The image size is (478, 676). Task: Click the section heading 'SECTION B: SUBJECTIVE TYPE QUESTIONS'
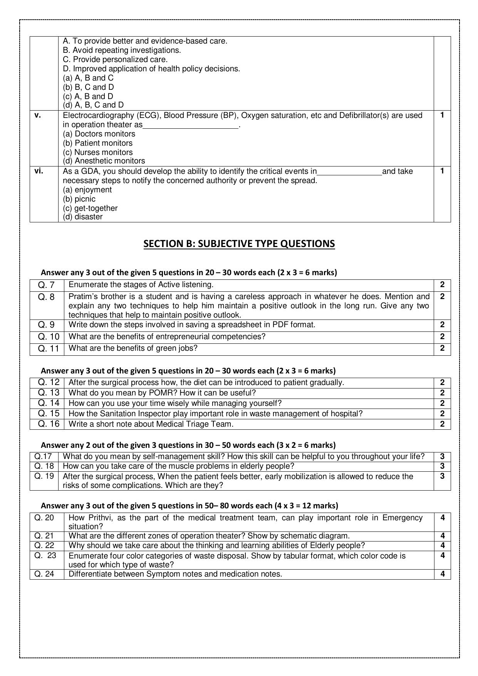(x=239, y=244)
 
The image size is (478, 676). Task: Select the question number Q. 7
(x=46, y=285)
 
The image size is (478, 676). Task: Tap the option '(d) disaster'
(x=83, y=217)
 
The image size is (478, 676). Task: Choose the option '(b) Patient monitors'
(x=97, y=143)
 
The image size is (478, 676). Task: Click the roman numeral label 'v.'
(x=38, y=115)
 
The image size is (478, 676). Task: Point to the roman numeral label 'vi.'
(x=39, y=171)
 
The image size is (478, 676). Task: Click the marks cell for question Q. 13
(x=442, y=393)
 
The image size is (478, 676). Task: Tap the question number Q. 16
(x=49, y=424)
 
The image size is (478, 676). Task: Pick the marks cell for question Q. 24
(x=443, y=574)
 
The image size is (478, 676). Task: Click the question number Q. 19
(x=44, y=476)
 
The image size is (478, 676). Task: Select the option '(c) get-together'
(x=90, y=208)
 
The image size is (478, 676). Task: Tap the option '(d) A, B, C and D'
(x=93, y=105)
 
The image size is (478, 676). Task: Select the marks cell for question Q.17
(x=442, y=457)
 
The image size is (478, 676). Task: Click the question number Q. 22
(x=44, y=545)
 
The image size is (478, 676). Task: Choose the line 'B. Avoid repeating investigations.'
(x=122, y=50)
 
